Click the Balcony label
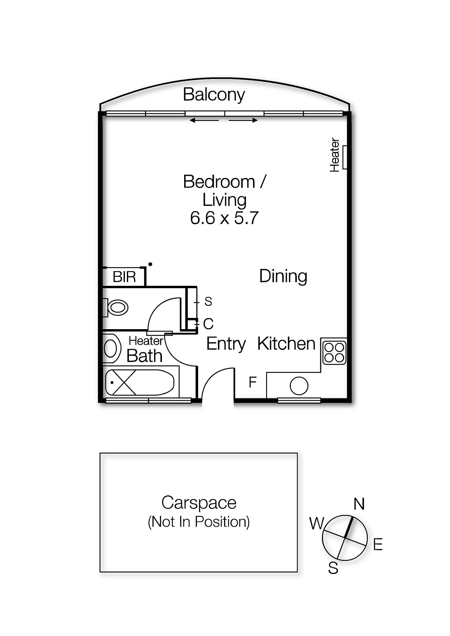point(214,95)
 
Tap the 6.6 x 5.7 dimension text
point(224,218)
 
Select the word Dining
point(283,276)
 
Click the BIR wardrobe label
point(124,277)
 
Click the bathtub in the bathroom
point(140,382)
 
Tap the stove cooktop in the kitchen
point(335,352)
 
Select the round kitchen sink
point(299,386)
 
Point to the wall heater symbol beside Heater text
point(345,157)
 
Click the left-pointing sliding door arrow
point(204,120)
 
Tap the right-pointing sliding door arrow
point(244,120)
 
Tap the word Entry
point(226,344)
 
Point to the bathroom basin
point(111,348)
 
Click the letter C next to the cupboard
point(208,324)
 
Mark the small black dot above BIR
point(150,264)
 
